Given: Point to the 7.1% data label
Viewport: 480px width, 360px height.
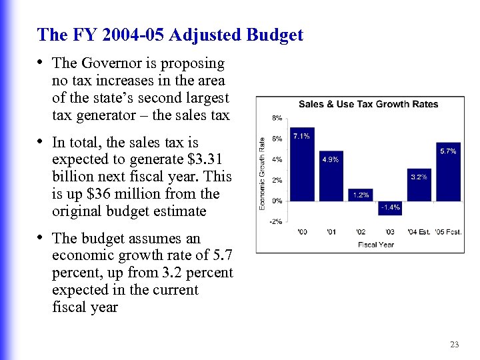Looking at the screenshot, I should (x=301, y=136).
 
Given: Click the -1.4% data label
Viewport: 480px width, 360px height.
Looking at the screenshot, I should (x=390, y=207).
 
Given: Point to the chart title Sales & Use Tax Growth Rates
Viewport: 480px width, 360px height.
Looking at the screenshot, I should (x=368, y=104).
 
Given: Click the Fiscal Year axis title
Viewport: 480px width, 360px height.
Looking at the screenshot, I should (x=376, y=245).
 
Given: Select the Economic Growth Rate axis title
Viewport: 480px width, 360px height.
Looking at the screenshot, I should (x=262, y=173).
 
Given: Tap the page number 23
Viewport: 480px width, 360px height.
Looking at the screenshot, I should (x=455, y=345).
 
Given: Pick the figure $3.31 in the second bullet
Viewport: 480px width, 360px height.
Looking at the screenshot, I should (x=207, y=159).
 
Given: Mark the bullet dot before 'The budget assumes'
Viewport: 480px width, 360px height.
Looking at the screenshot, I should (x=41, y=238).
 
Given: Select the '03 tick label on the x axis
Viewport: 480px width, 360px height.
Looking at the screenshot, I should (x=389, y=232).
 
